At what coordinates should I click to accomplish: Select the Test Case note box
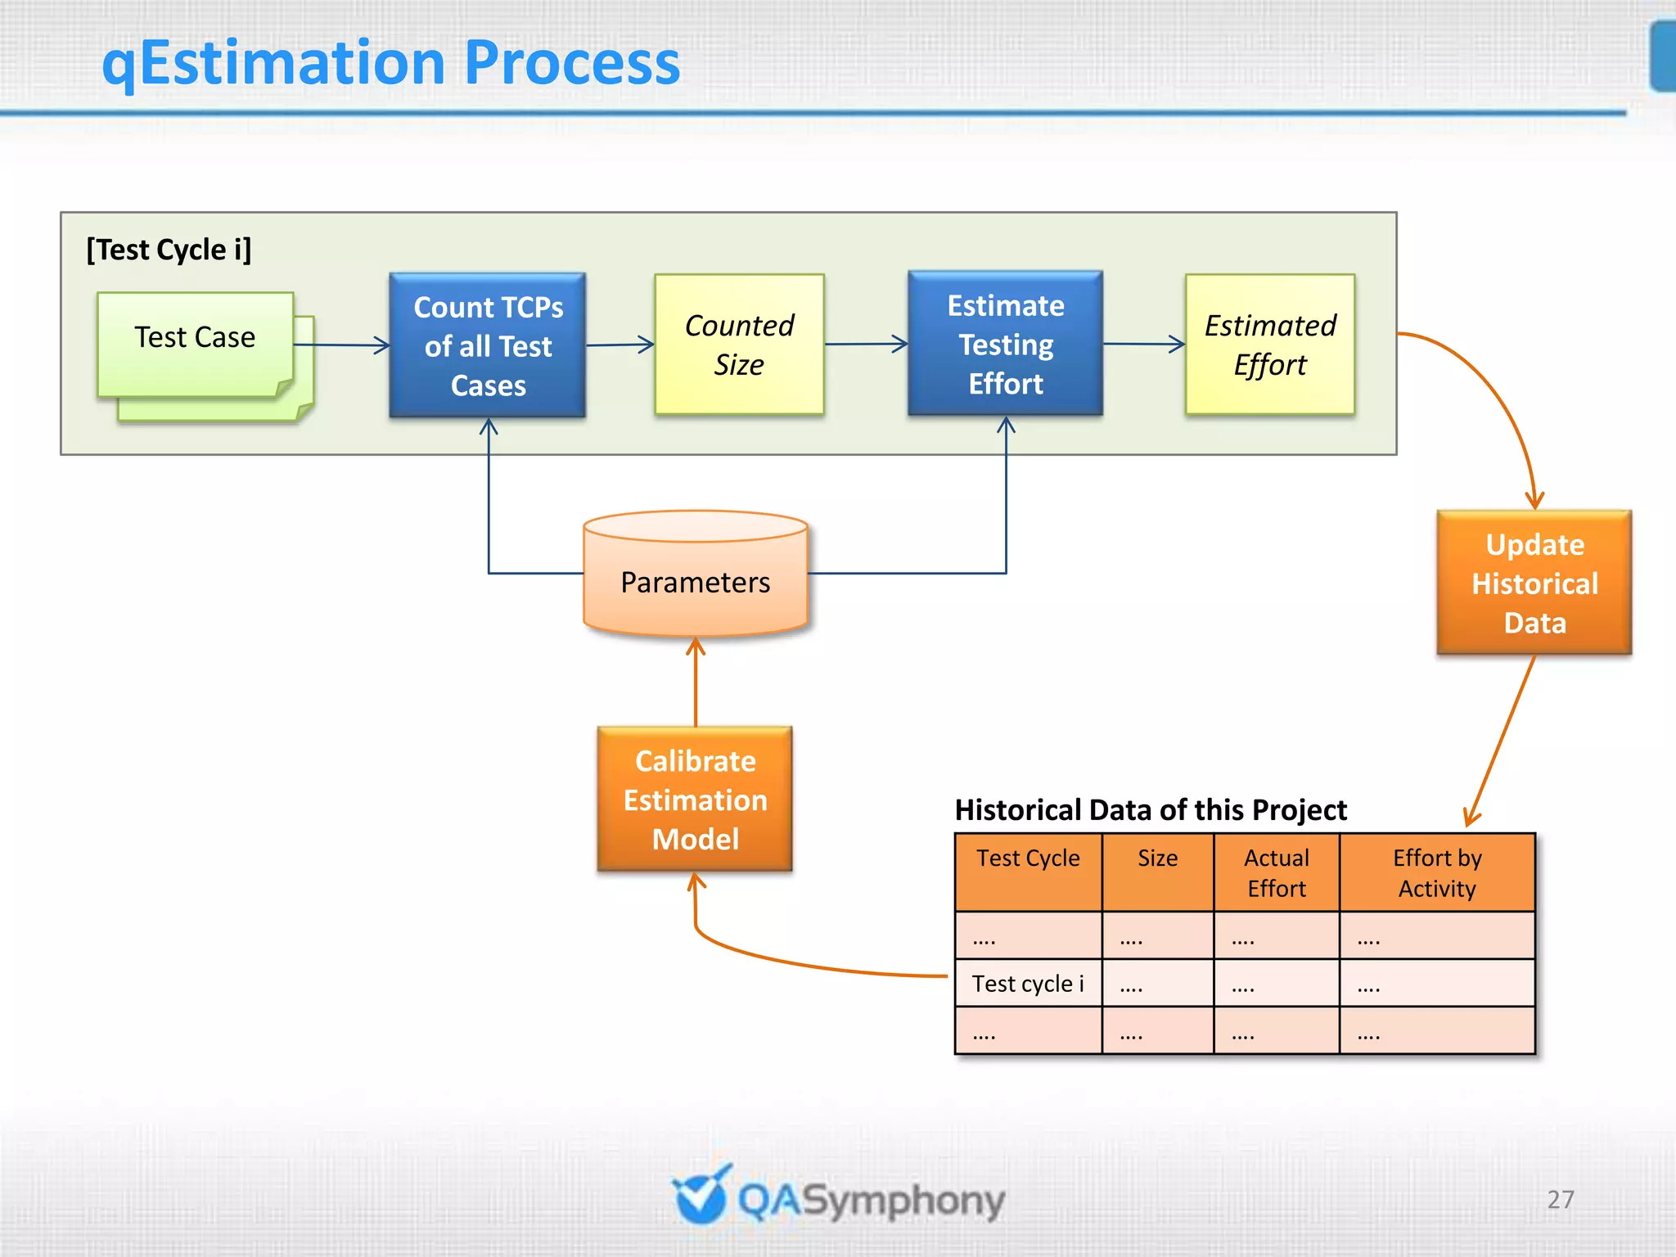pos(195,344)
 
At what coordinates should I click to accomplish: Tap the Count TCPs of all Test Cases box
pos(488,345)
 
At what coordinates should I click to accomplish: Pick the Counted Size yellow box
pos(739,345)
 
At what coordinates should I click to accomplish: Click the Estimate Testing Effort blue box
pos(1005,344)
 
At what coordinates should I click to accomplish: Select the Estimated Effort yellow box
pos(1269,345)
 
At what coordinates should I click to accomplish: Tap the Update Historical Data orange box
pos(1534,583)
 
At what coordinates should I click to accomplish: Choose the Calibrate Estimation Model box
pos(695,799)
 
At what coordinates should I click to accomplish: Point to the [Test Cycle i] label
pos(169,250)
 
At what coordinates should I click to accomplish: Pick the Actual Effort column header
pos(1276,872)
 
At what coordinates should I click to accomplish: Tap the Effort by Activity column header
pos(1437,872)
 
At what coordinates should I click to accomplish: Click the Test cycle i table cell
pos(1028,983)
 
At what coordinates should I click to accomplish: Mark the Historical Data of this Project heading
pos(1151,809)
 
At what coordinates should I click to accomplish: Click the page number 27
pos(1561,1199)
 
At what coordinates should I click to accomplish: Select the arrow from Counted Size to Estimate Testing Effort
pos(866,344)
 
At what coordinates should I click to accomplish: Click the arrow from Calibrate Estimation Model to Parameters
pos(696,682)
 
